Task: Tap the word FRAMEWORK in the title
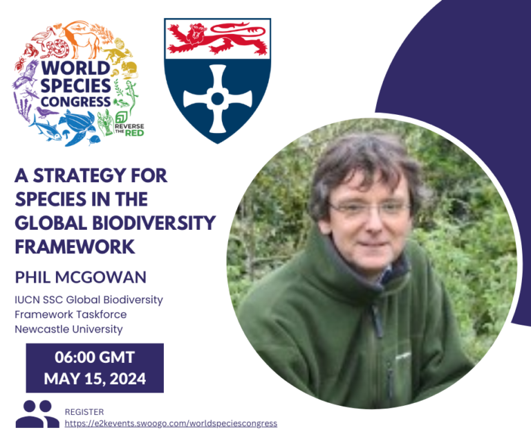pos(74,247)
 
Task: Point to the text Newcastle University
pos(68,329)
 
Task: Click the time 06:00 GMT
pos(95,358)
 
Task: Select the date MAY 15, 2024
pos(95,380)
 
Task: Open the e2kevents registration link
pos(171,422)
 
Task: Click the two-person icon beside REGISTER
pos(37,413)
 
